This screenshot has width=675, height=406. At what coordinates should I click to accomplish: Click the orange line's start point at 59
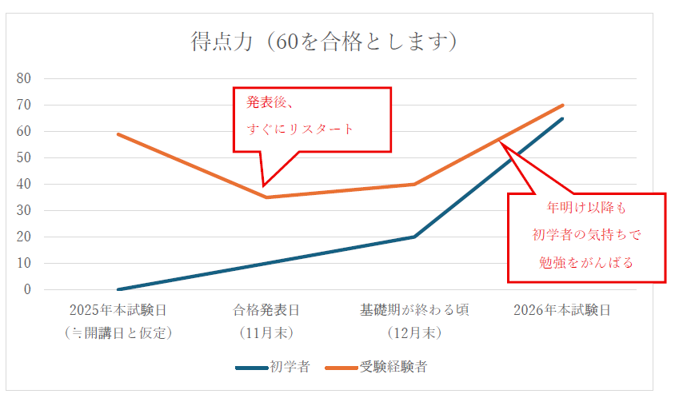pos(118,134)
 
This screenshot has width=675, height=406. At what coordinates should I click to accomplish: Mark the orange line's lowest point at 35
pos(266,197)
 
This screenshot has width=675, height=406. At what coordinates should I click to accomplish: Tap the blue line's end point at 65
pos(562,118)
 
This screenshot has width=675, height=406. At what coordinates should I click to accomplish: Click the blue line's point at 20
pos(414,237)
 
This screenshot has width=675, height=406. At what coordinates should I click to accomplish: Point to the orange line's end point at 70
pos(562,105)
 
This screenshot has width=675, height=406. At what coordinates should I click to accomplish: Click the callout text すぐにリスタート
pos(300,129)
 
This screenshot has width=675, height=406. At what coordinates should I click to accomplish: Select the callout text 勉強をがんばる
pos(587,262)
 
